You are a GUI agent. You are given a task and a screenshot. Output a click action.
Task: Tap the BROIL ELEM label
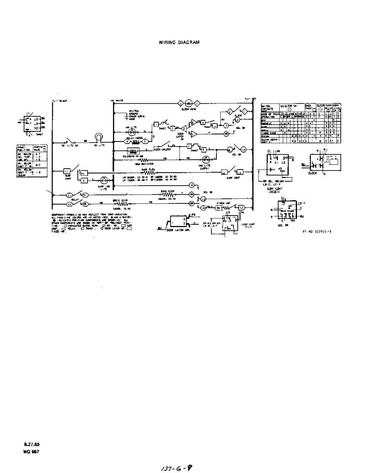(119, 200)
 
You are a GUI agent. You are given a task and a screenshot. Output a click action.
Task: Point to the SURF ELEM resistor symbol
(147, 173)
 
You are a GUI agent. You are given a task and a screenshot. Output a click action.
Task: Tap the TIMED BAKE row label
(268, 133)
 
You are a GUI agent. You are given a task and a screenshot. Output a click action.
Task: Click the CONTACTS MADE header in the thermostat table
(40, 149)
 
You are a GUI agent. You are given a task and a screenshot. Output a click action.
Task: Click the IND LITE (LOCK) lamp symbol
(205, 159)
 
